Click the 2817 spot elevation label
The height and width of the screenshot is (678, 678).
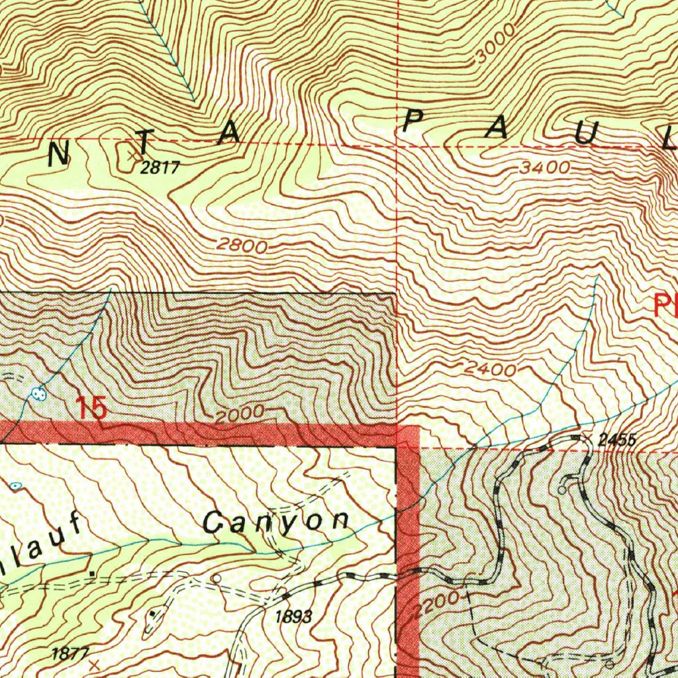[x=160, y=168]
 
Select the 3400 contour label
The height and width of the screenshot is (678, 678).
[x=544, y=168]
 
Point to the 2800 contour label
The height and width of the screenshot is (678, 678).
[x=242, y=246]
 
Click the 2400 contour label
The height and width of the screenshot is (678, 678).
[x=490, y=369]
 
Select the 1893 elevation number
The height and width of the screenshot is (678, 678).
[x=293, y=617]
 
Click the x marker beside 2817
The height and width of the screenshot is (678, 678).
[x=135, y=156]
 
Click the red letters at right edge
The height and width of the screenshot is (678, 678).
[x=664, y=306]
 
